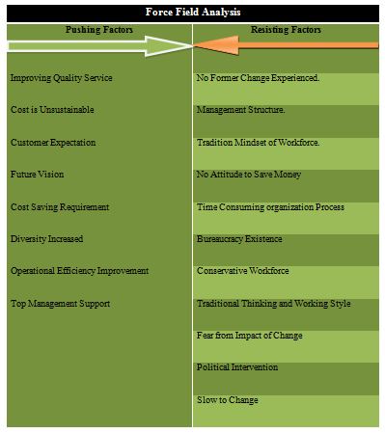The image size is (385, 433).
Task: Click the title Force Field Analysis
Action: pos(193,13)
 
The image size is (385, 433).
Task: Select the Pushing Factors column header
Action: pos(99,30)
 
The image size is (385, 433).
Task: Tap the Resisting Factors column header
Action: pos(286,30)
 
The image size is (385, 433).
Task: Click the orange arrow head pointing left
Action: pos(216,45)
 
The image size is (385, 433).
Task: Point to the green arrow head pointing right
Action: pos(168,46)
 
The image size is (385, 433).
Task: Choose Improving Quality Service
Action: pos(62,78)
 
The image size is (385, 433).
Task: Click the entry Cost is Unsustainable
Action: pos(52,110)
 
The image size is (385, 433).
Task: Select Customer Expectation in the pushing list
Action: pos(53,143)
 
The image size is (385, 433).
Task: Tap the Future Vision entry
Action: pos(37,175)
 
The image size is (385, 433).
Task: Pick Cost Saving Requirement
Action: pos(60,207)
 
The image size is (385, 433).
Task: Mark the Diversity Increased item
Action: pos(47,239)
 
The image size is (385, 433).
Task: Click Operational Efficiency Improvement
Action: pos(80,271)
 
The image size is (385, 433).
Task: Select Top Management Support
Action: pos(61,304)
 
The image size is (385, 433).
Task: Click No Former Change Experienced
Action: pos(258,78)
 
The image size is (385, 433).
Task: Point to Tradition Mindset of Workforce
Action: pos(259,143)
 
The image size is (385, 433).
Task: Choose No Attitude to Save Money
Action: pos(249,175)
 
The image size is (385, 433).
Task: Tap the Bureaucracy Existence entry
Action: pos(239,239)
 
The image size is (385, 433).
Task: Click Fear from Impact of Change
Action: pos(250,336)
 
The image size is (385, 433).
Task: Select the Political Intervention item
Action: pos(237,367)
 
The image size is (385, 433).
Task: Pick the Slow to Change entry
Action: pos(228,400)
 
